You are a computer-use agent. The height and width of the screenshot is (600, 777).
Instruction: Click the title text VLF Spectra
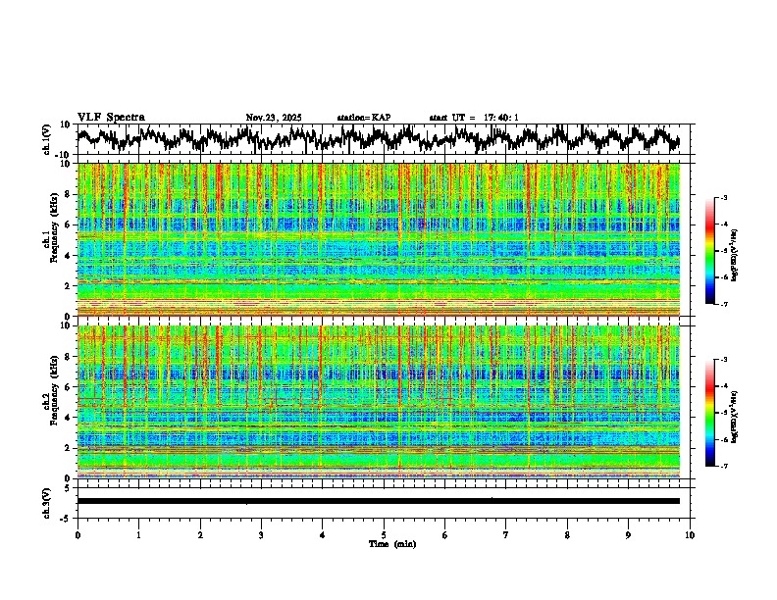click(110, 118)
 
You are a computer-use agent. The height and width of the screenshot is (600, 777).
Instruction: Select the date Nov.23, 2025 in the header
click(273, 118)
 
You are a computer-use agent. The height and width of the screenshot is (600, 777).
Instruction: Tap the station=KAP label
click(363, 118)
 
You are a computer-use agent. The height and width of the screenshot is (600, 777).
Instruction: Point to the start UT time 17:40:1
click(474, 118)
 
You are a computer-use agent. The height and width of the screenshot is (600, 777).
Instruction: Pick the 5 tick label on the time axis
click(384, 534)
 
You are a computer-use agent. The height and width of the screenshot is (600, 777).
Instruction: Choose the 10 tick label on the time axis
click(690, 534)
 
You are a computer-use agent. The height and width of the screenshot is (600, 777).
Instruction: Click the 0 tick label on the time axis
click(78, 534)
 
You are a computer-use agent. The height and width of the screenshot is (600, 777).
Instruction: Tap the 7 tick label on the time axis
click(506, 534)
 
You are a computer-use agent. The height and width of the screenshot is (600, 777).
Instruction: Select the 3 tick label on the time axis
click(261, 534)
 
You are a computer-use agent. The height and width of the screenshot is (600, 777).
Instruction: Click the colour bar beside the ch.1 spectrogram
click(710, 251)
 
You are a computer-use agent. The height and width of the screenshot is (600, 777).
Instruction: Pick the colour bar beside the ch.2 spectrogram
click(710, 413)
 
